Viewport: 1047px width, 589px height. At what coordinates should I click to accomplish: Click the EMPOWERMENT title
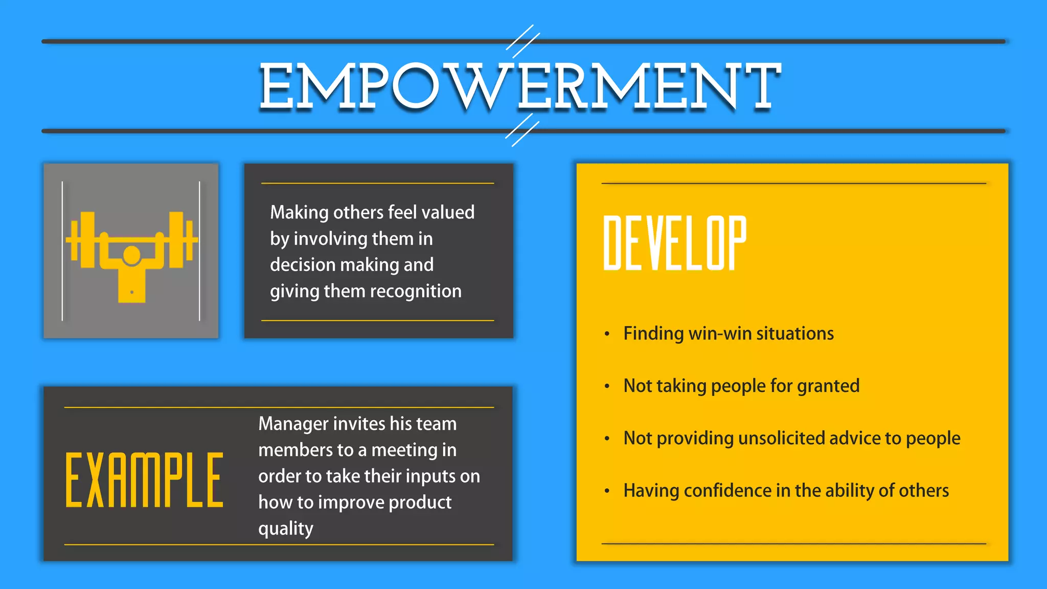(x=519, y=86)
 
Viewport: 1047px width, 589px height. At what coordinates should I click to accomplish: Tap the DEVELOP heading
(x=674, y=243)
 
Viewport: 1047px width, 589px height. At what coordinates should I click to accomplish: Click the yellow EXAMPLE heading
(x=144, y=480)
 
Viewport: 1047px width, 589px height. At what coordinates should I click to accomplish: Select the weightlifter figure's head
(x=132, y=255)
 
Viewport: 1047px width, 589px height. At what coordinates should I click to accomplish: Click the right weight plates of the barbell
(x=180, y=239)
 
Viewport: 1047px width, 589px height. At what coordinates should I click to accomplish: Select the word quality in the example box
(x=285, y=529)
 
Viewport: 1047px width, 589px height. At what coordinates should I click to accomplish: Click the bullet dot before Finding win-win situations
(x=607, y=334)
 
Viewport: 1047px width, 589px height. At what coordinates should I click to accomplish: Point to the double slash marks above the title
(x=522, y=41)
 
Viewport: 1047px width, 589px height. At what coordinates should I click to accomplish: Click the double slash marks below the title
(x=522, y=130)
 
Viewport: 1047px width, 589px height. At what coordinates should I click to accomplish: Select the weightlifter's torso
(x=132, y=286)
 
